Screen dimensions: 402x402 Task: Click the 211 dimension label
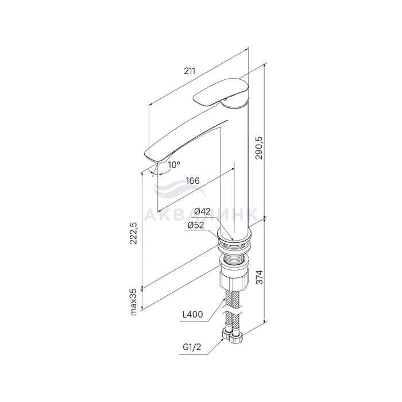190,71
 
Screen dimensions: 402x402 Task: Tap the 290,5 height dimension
259,148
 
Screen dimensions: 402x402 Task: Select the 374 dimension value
260,277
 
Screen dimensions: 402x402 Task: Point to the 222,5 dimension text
133,233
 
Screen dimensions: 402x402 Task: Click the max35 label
133,302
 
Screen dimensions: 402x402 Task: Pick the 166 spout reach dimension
193,181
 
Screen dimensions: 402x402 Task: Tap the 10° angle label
174,165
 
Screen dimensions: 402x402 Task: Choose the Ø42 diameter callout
202,211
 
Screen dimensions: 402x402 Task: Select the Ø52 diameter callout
196,225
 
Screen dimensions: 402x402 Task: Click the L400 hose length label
192,314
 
